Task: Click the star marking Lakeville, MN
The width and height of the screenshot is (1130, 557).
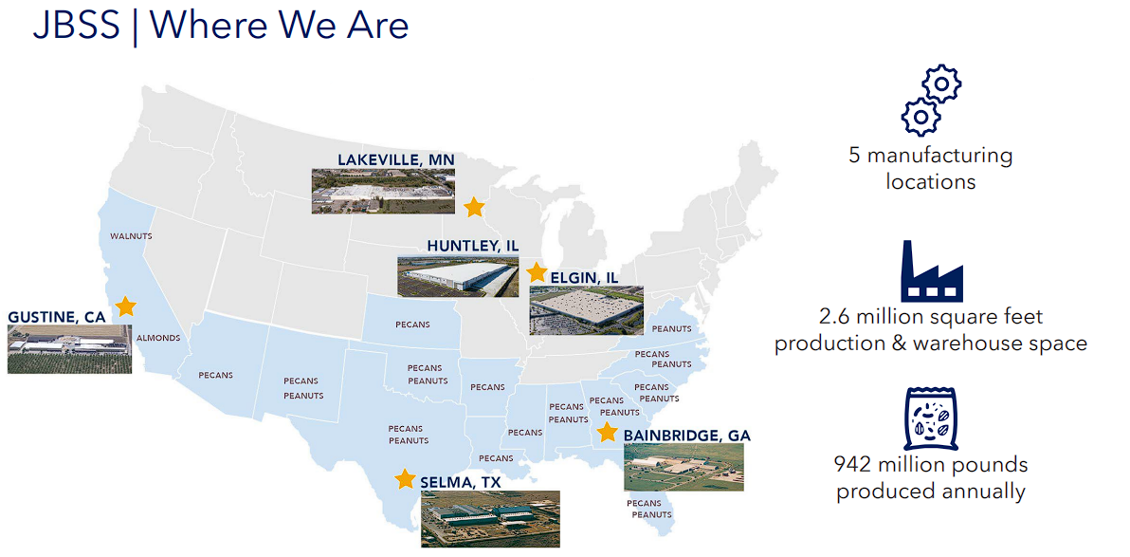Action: point(473,207)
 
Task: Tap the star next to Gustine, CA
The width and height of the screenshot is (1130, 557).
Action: point(125,306)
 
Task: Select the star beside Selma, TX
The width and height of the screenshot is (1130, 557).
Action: point(405,478)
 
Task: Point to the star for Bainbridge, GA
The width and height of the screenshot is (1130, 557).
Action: point(608,432)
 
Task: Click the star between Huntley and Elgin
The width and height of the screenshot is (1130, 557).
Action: point(537,272)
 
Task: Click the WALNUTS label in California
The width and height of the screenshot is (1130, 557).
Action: point(131,236)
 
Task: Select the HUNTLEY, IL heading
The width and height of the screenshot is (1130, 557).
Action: point(473,246)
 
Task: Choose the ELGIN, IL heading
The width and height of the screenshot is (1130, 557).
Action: point(585,277)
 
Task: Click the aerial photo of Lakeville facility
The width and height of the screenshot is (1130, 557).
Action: point(383,191)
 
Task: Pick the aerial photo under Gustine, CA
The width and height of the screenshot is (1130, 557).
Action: point(70,349)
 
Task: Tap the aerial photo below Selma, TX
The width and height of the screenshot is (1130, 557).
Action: point(490,519)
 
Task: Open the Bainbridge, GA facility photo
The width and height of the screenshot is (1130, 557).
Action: point(683,468)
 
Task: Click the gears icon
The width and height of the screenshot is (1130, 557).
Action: point(930,102)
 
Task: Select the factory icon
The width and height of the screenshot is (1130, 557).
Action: point(932,271)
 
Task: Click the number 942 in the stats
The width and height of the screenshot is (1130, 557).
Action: point(855,464)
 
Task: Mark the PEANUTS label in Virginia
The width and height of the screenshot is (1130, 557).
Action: point(671,329)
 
